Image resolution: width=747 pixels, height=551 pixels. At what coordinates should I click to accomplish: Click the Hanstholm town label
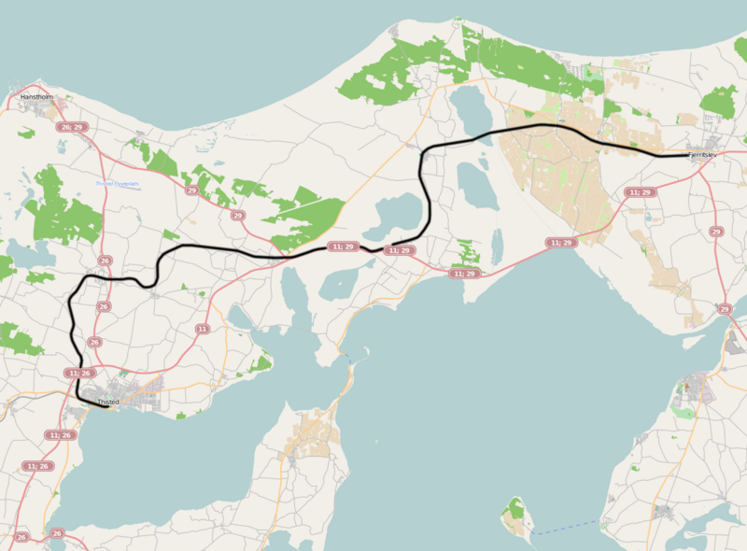[37, 96]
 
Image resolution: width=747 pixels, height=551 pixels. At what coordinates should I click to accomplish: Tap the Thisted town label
[108, 402]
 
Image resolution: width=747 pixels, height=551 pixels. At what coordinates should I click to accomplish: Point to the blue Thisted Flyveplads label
[118, 184]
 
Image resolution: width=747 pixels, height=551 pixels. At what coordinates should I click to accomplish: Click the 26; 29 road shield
[71, 126]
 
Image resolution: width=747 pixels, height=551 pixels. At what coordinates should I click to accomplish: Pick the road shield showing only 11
[203, 329]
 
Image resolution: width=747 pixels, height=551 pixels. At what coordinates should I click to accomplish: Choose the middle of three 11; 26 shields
[60, 434]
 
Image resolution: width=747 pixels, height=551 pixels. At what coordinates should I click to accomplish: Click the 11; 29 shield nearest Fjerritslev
[641, 191]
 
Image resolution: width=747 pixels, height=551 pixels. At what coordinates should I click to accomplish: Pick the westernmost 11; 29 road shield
[343, 247]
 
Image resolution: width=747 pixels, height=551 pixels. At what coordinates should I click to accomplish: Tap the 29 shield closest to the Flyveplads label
[191, 191]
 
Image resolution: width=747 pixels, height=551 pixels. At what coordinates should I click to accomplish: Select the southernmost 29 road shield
[725, 308]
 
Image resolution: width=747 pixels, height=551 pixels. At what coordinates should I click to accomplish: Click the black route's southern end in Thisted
[106, 406]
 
